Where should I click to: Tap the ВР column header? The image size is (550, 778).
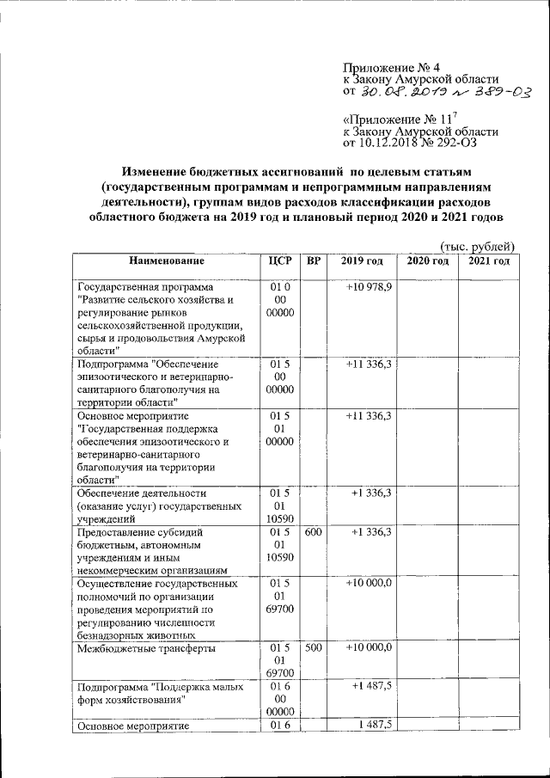[x=313, y=260]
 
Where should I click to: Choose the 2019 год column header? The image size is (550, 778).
[x=361, y=260]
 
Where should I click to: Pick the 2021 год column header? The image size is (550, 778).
[x=488, y=260]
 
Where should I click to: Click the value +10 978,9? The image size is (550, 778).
[x=369, y=286]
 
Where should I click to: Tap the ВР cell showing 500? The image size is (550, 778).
[x=313, y=647]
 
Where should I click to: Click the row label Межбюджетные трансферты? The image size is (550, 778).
[x=145, y=649]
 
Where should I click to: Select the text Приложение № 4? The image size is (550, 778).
[x=391, y=66]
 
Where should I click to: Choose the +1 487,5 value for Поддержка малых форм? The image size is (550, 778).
[x=371, y=686]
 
